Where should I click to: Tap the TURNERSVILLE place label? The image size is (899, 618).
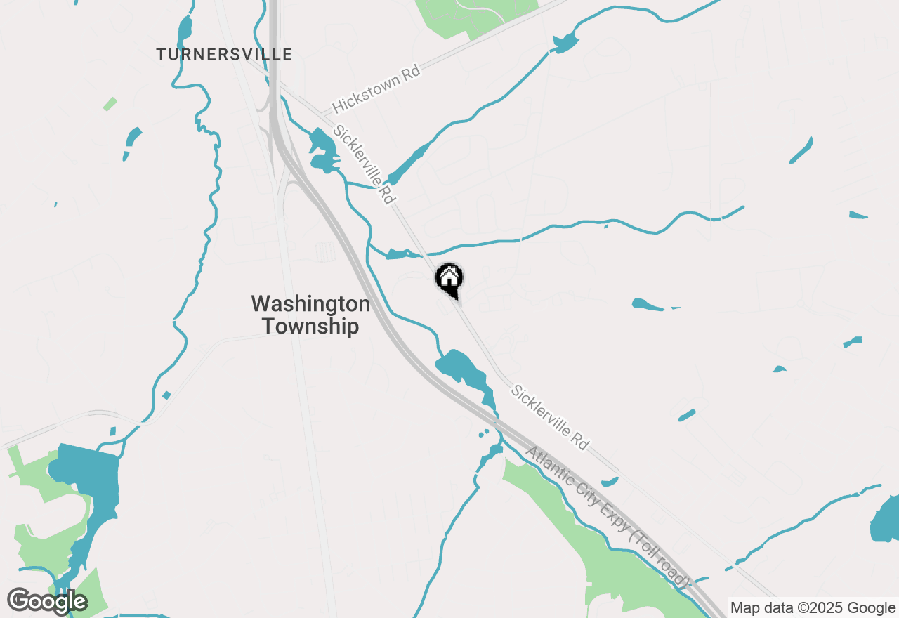click(x=224, y=54)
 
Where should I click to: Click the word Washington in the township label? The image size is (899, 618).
click(x=310, y=304)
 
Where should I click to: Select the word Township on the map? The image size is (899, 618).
click(x=310, y=327)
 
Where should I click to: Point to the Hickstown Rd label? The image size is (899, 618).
click(x=376, y=90)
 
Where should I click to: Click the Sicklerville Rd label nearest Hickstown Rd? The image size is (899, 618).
click(x=364, y=164)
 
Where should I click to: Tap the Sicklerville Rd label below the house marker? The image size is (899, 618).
click(x=550, y=416)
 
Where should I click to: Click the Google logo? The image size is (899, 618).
click(x=48, y=602)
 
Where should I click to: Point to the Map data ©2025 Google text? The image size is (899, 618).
click(x=812, y=608)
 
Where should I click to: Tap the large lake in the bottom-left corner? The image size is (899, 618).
click(x=88, y=478)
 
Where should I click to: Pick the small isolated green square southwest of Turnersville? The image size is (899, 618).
click(x=110, y=104)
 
